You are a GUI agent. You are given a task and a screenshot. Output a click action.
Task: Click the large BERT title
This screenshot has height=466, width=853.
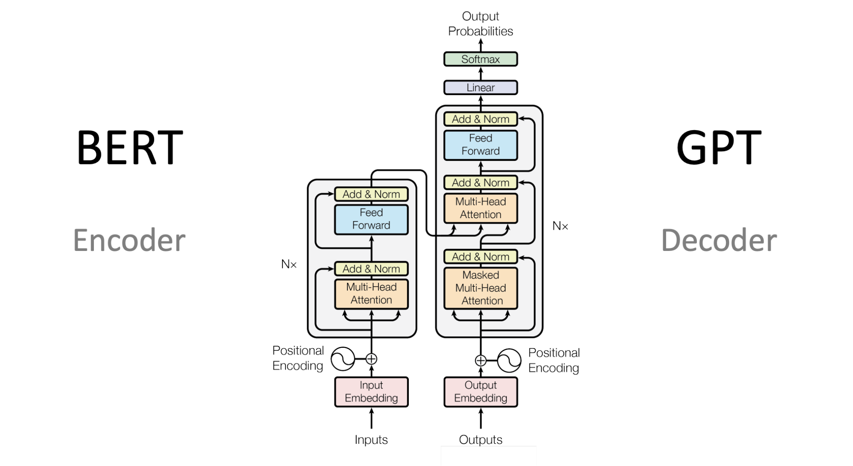tap(129, 147)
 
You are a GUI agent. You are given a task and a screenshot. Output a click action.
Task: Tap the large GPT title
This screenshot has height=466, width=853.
tap(719, 147)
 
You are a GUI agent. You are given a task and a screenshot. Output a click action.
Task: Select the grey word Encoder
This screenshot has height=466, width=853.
tap(129, 240)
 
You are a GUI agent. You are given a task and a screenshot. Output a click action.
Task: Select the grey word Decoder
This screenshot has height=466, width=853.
tap(719, 240)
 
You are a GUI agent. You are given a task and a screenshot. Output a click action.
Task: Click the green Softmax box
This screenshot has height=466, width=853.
tap(480, 59)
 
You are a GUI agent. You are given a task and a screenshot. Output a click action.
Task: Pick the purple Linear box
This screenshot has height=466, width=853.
tap(480, 87)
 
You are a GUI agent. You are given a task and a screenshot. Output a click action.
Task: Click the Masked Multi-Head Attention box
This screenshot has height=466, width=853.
tap(480, 288)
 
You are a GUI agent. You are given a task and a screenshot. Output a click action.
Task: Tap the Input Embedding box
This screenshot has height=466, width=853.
tap(371, 392)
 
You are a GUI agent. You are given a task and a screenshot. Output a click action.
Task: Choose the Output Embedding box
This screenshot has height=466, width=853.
tap(480, 392)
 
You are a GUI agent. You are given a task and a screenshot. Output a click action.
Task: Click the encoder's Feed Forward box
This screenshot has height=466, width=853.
tap(371, 219)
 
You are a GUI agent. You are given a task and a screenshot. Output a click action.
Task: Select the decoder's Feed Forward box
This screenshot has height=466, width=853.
tap(480, 145)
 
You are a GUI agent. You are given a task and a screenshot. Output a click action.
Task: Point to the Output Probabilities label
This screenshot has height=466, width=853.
tap(480, 24)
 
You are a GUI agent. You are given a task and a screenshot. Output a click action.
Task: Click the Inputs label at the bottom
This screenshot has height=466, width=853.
tap(371, 440)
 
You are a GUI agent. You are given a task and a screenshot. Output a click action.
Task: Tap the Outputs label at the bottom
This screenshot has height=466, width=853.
tap(480, 440)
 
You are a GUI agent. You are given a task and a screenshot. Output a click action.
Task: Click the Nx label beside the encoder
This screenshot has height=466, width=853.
tap(289, 265)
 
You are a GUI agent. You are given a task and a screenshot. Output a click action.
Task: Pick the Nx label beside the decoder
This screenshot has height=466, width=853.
tap(560, 226)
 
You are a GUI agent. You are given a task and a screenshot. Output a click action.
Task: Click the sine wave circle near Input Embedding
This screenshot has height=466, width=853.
tap(343, 359)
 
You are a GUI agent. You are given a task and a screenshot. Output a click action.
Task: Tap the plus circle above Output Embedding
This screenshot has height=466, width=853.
tap(480, 361)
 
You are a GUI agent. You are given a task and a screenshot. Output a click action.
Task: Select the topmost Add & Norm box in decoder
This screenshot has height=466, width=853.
tap(480, 119)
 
